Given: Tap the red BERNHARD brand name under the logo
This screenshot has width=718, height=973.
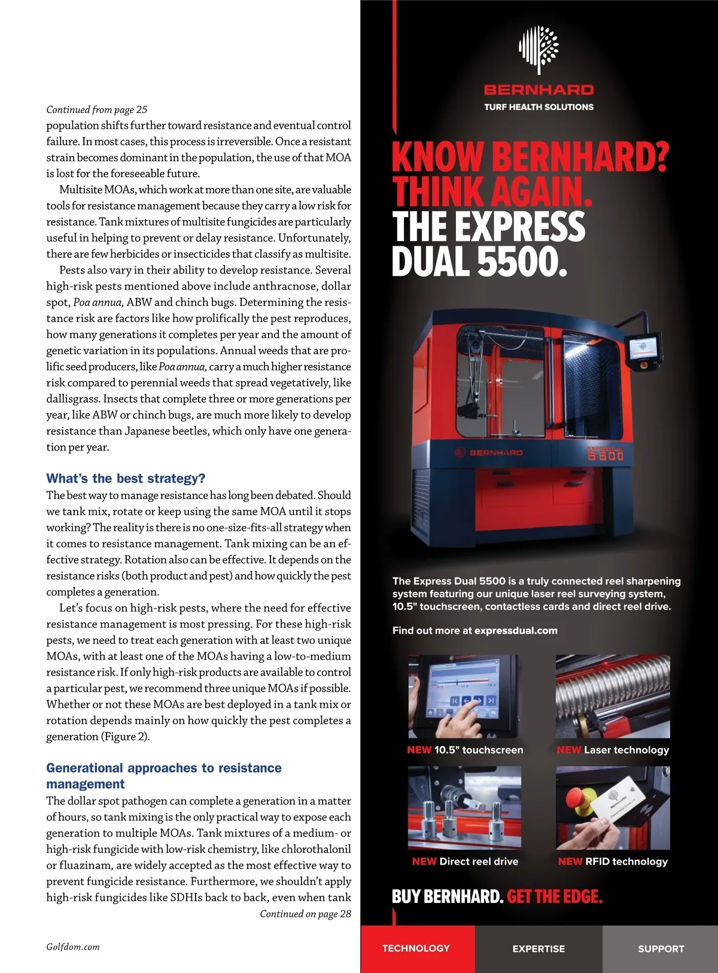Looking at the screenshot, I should click(x=538, y=90).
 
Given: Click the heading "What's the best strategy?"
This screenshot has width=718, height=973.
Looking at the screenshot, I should click(x=126, y=479).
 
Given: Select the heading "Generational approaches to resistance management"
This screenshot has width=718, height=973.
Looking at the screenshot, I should click(x=163, y=776).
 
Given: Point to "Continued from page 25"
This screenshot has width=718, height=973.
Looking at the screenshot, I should click(x=97, y=110).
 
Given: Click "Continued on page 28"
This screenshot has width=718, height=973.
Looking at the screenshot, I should click(x=305, y=914).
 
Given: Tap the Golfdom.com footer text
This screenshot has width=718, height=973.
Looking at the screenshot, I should click(x=73, y=947).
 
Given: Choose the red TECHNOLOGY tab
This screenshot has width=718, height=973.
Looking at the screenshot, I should click(x=416, y=948).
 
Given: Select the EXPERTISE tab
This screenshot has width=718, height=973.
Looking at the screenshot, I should click(x=538, y=948).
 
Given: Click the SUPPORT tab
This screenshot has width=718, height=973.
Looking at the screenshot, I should click(x=661, y=948).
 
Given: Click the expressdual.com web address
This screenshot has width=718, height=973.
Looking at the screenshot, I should click(x=516, y=630).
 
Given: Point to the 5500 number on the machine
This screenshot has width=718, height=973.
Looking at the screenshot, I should click(x=606, y=456).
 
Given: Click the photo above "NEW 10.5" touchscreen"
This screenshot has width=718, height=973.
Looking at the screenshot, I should click(x=464, y=696).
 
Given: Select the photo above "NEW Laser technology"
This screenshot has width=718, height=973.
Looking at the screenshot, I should click(x=613, y=696).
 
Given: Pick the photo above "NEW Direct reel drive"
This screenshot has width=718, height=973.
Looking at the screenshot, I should click(x=464, y=808).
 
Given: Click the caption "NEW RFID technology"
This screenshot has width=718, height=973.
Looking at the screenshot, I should click(x=613, y=862).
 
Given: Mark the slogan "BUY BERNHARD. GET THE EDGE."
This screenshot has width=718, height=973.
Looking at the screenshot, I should click(x=497, y=896).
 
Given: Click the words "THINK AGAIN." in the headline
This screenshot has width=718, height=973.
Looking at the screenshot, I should click(x=492, y=191).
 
